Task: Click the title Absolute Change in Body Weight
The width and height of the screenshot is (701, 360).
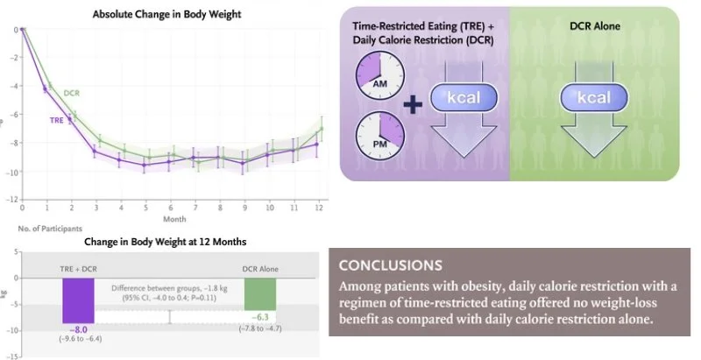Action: coord(167,14)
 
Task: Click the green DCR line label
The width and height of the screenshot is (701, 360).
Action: coord(72,92)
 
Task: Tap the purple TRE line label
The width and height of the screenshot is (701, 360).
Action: coord(56,118)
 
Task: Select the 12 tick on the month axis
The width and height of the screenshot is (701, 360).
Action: coord(320,207)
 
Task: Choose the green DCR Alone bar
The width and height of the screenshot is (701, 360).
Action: coord(260,292)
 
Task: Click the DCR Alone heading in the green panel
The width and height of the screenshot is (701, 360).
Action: coord(594,26)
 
